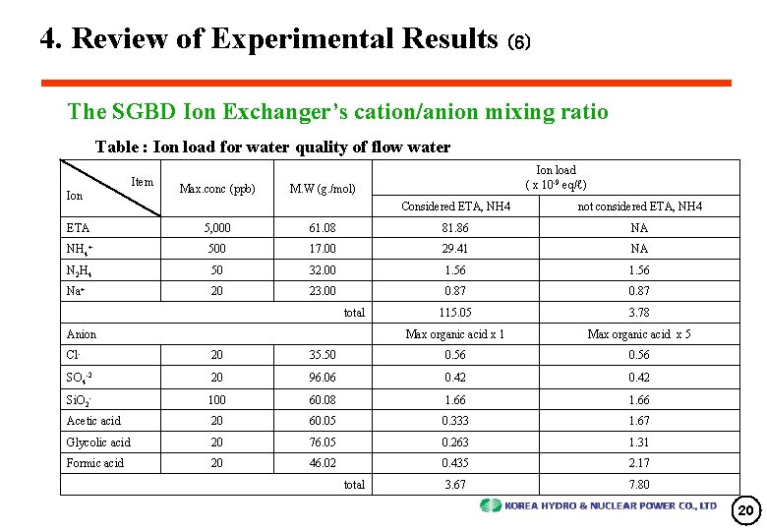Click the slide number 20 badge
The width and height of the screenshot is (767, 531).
pyautogui.click(x=746, y=510)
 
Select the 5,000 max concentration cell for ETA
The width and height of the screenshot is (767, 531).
pyautogui.click(x=216, y=227)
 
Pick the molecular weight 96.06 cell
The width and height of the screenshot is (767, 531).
pyautogui.click(x=322, y=378)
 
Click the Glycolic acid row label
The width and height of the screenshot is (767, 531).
pyautogui.click(x=98, y=442)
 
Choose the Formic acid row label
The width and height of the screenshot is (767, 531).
pyautogui.click(x=95, y=463)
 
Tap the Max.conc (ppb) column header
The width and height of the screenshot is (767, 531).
pyautogui.click(x=216, y=189)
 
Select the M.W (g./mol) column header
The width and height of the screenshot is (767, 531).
pyautogui.click(x=323, y=189)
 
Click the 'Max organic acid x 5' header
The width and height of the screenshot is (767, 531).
pyautogui.click(x=639, y=335)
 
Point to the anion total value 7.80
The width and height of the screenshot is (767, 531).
pyautogui.click(x=639, y=485)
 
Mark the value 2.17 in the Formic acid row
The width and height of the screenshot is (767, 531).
pyautogui.click(x=639, y=463)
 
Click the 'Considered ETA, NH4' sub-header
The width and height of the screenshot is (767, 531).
pyautogui.click(x=455, y=206)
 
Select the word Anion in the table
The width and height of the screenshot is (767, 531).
pyautogui.click(x=82, y=335)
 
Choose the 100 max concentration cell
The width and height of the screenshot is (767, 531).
pyautogui.click(x=216, y=399)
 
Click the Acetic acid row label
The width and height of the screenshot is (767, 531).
pyautogui.click(x=93, y=421)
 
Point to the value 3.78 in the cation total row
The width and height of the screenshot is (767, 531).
pyautogui.click(x=639, y=313)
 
